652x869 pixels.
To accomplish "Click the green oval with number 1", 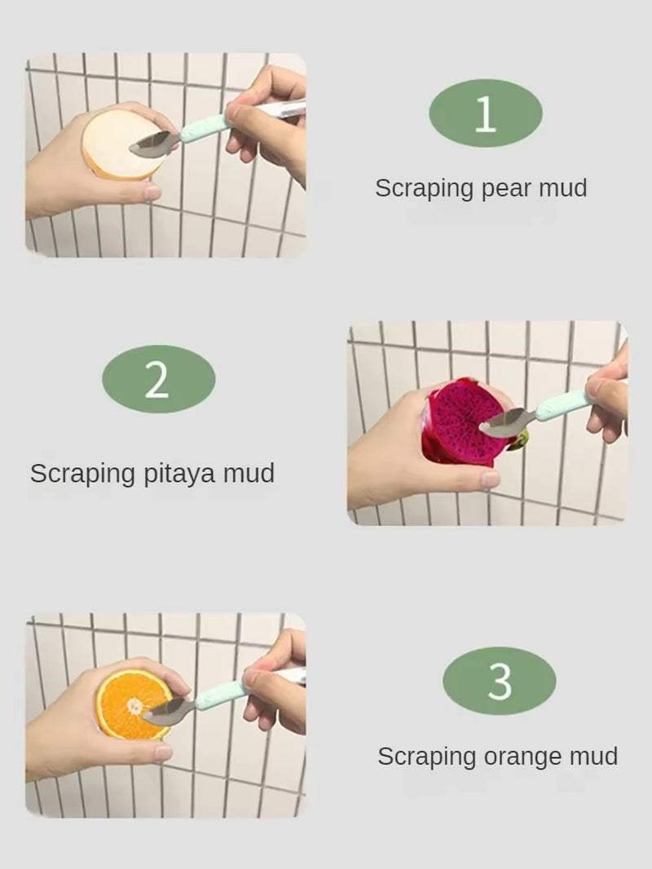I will [485, 113].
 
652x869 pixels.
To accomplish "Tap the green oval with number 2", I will [158, 379].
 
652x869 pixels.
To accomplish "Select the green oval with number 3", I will [499, 681].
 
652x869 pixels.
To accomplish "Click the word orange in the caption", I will [522, 757].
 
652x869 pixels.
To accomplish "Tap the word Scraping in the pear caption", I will [424, 189].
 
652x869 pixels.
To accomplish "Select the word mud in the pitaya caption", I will [248, 474].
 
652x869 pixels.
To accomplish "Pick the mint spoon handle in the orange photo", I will [219, 695].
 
